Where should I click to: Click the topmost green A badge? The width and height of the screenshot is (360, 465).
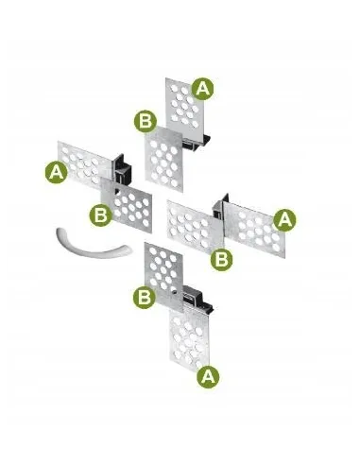(202, 89)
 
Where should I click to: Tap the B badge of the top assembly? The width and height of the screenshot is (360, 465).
(146, 121)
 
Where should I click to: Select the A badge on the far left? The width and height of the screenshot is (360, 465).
(57, 173)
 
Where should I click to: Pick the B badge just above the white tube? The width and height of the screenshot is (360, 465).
(100, 215)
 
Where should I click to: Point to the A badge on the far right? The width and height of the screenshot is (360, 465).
(284, 219)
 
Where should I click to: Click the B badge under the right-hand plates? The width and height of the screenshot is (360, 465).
(221, 260)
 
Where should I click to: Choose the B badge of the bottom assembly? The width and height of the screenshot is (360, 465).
(145, 297)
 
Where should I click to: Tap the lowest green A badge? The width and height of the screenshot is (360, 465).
(208, 377)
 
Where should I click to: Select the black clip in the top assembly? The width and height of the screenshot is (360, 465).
(197, 143)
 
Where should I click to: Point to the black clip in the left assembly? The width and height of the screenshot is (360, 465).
(122, 169)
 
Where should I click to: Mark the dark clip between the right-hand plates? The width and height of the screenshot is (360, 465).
(220, 207)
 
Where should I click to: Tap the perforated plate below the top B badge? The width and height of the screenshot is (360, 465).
(163, 159)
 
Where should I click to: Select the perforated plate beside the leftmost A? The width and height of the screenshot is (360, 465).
(84, 164)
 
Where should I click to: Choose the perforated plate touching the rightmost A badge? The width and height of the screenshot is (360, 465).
(254, 230)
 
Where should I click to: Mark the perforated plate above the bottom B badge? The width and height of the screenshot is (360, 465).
(163, 277)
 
